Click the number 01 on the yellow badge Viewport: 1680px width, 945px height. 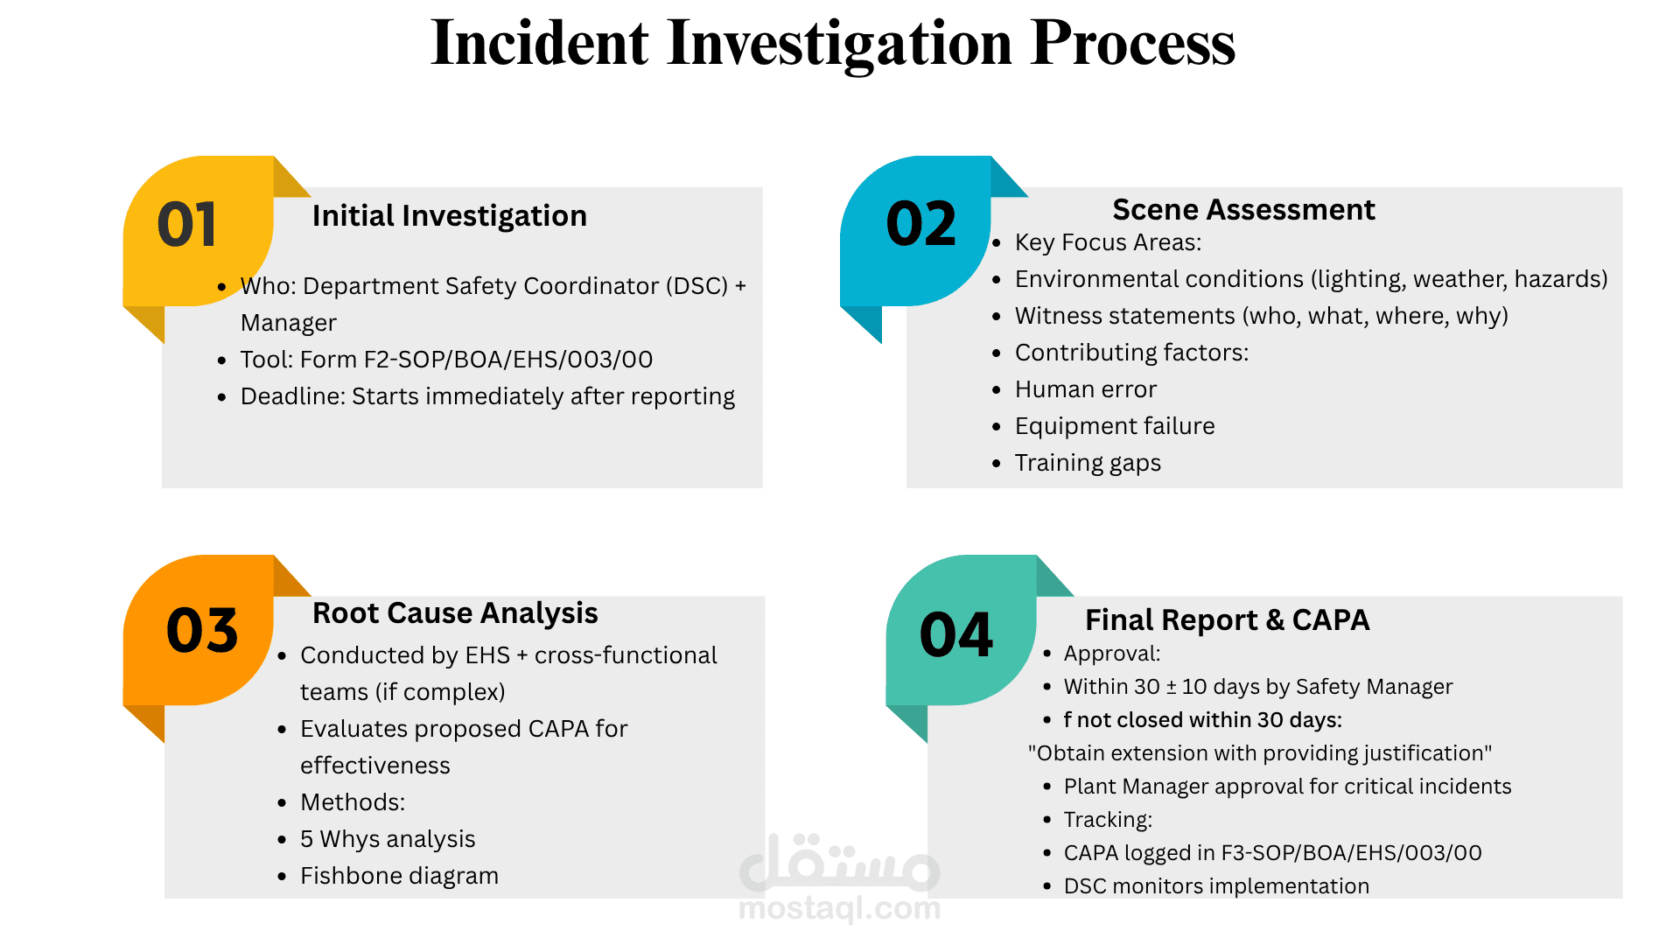click(x=186, y=225)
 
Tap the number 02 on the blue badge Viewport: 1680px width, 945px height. click(x=921, y=224)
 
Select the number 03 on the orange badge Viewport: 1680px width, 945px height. click(x=202, y=630)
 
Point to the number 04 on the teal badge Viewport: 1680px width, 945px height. click(x=956, y=634)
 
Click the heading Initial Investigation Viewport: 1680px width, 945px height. click(x=450, y=215)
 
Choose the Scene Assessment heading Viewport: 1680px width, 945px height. click(x=1243, y=209)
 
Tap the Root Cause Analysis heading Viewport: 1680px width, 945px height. click(x=455, y=613)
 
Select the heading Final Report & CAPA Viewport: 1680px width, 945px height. click(x=1227, y=619)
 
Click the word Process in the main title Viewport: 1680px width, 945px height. click(x=1132, y=43)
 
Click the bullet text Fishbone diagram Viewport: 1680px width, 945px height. click(x=399, y=876)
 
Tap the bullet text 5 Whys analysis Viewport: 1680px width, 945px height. click(x=388, y=839)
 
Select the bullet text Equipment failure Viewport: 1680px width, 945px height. click(x=1115, y=426)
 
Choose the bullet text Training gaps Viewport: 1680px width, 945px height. click(x=1088, y=463)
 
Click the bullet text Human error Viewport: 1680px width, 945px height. click(x=1086, y=389)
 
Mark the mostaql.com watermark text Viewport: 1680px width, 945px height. click(x=840, y=908)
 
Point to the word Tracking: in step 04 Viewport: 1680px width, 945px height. click(x=1108, y=820)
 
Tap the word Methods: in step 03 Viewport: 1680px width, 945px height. click(x=353, y=802)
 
